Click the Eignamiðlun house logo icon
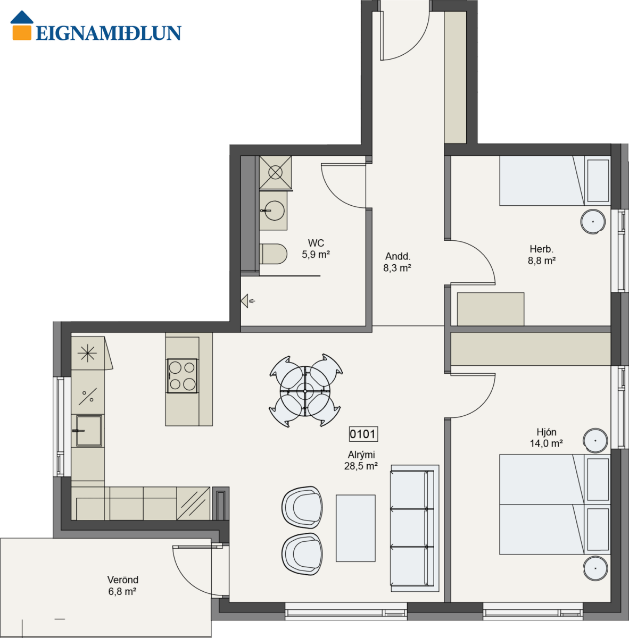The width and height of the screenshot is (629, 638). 22,26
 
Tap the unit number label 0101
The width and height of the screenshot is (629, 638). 363,434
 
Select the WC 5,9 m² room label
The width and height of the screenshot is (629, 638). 316,249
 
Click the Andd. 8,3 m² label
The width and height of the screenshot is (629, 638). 398,262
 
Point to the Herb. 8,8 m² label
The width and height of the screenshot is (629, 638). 542,255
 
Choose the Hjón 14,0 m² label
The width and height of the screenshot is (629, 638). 547,438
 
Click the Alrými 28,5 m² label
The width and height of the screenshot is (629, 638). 361,460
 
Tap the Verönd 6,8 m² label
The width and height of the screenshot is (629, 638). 122,585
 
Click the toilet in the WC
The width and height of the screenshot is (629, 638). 273,254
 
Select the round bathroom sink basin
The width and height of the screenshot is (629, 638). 275,211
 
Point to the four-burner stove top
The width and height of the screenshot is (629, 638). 183,376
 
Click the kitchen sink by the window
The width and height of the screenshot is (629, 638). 89,431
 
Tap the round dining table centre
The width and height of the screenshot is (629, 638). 305,391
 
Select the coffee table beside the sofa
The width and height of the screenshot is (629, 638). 355,528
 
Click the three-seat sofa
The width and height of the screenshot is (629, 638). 415,528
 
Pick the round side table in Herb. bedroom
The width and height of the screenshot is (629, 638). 593,222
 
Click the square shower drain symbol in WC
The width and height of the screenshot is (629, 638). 276,172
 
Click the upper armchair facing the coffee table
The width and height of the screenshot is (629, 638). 302,507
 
